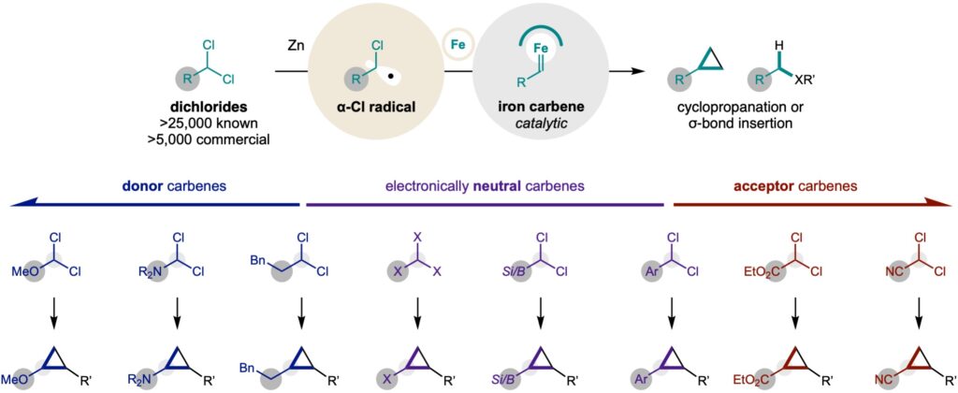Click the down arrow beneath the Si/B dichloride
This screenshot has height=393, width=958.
click(540, 311)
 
